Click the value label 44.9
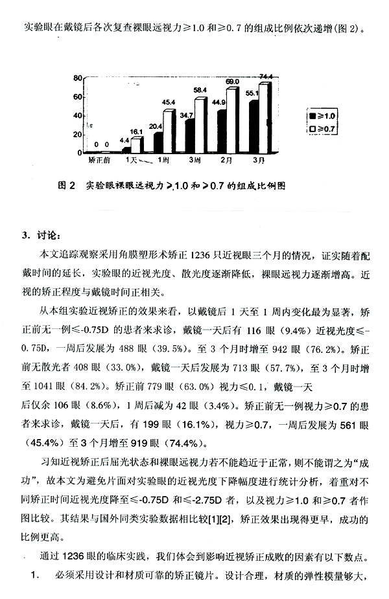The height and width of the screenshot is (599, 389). tap(218, 102)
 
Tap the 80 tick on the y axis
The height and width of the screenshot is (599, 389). tap(77, 78)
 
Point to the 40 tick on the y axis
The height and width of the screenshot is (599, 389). tap(77, 116)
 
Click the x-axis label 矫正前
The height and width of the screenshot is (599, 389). tap(99, 159)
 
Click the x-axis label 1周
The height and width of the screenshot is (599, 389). tap(162, 159)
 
